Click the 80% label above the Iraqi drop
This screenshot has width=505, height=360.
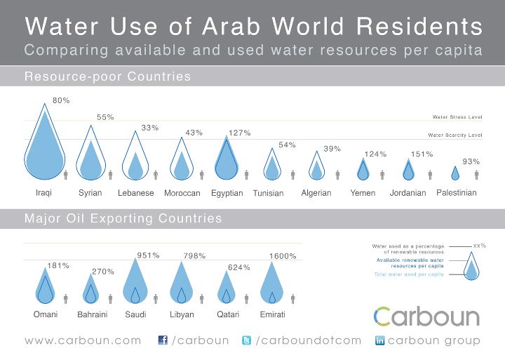point(61,100)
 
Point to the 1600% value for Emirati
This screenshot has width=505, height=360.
point(283,256)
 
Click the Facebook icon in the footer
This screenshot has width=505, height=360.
point(163,340)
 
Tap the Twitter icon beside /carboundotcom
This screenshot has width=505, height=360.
point(246,340)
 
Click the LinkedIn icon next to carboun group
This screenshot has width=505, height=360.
point(380,340)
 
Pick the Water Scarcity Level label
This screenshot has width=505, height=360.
point(455,135)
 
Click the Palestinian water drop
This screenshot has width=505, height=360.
point(455,173)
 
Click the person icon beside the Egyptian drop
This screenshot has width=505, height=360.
point(247,174)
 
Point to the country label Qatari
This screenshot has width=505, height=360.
point(226,314)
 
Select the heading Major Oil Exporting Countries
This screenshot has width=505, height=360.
point(123,219)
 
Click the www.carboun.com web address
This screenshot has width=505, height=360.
point(83,341)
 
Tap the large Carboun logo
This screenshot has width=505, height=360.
point(426,316)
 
